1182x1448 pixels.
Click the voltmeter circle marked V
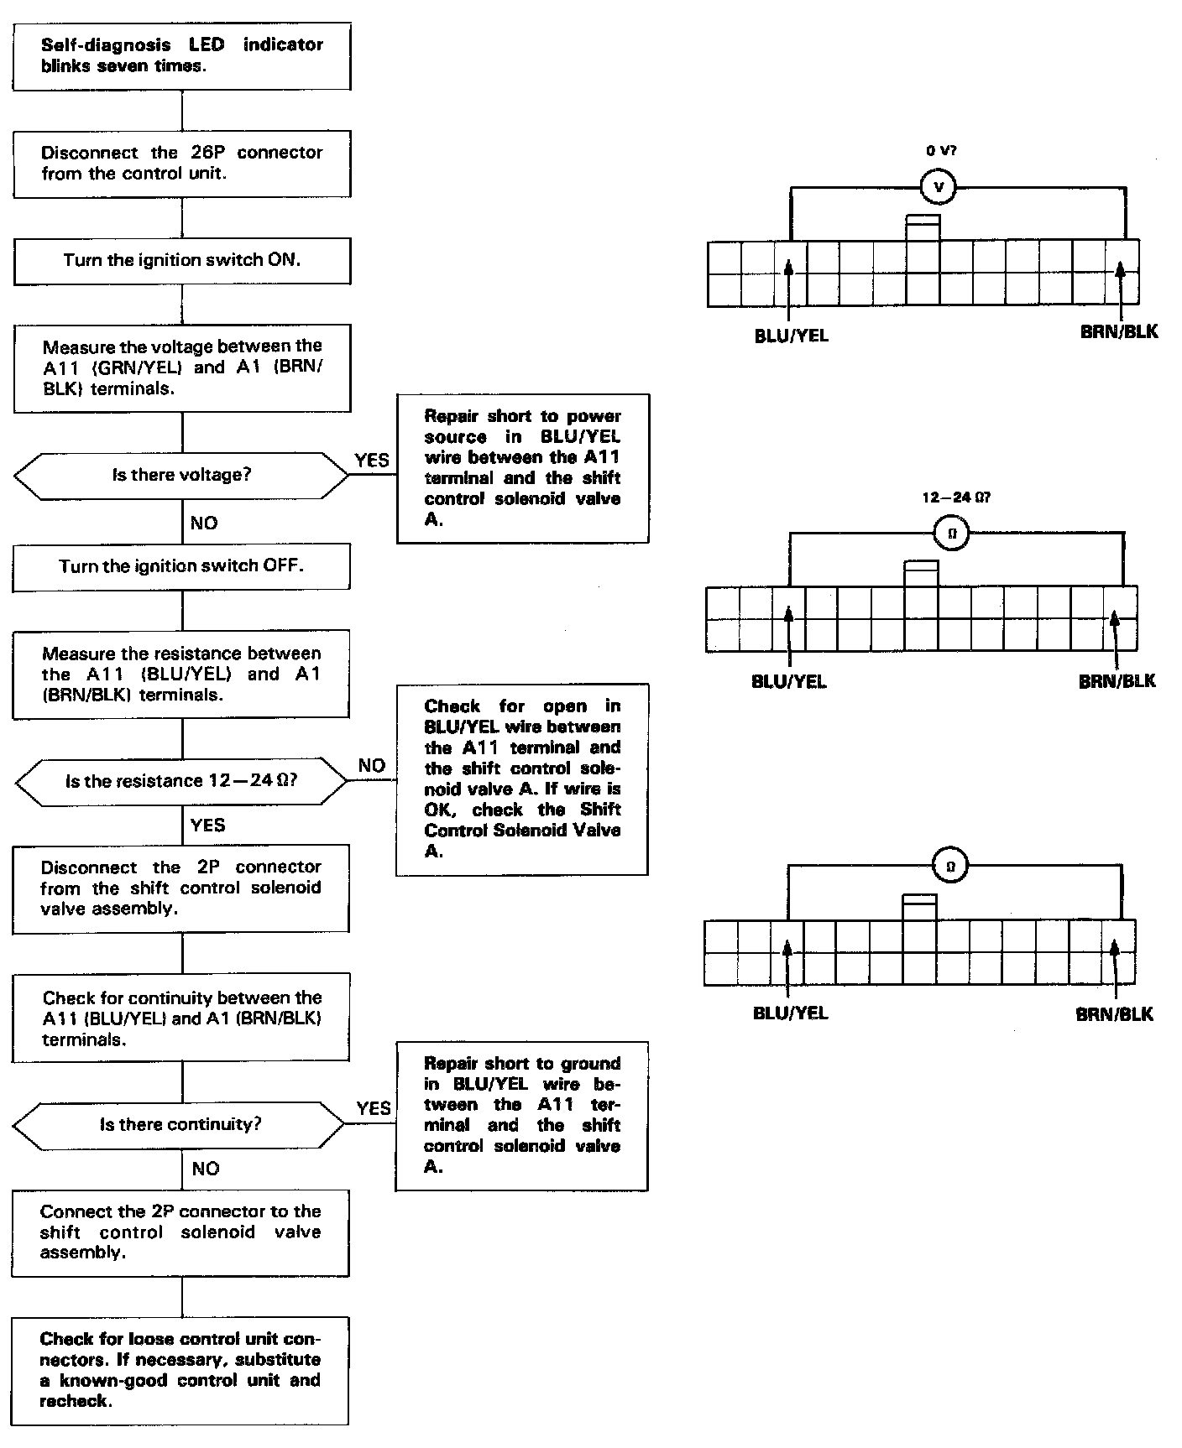point(939,188)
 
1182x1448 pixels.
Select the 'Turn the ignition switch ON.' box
point(181,260)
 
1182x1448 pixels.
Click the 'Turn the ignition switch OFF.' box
point(181,566)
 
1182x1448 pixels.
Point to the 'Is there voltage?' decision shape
point(181,475)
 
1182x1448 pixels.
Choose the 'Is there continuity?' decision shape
point(180,1124)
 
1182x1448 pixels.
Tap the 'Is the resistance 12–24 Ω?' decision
point(181,781)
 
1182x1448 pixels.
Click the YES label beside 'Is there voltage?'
point(372,460)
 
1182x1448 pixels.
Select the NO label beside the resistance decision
point(371,765)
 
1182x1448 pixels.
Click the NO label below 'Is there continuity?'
point(205,1169)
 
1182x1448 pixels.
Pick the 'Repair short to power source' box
point(522,468)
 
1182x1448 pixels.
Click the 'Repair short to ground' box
point(521,1116)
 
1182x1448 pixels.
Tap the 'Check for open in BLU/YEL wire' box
point(521,779)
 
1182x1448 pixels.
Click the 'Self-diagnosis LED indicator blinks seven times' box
point(181,56)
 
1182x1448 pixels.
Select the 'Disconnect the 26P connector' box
point(181,164)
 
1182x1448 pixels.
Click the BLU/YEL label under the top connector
point(791,336)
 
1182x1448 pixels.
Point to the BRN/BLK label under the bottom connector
point(1114,1014)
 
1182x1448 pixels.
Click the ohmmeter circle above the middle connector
point(951,534)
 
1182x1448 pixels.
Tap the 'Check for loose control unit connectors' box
point(180,1370)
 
